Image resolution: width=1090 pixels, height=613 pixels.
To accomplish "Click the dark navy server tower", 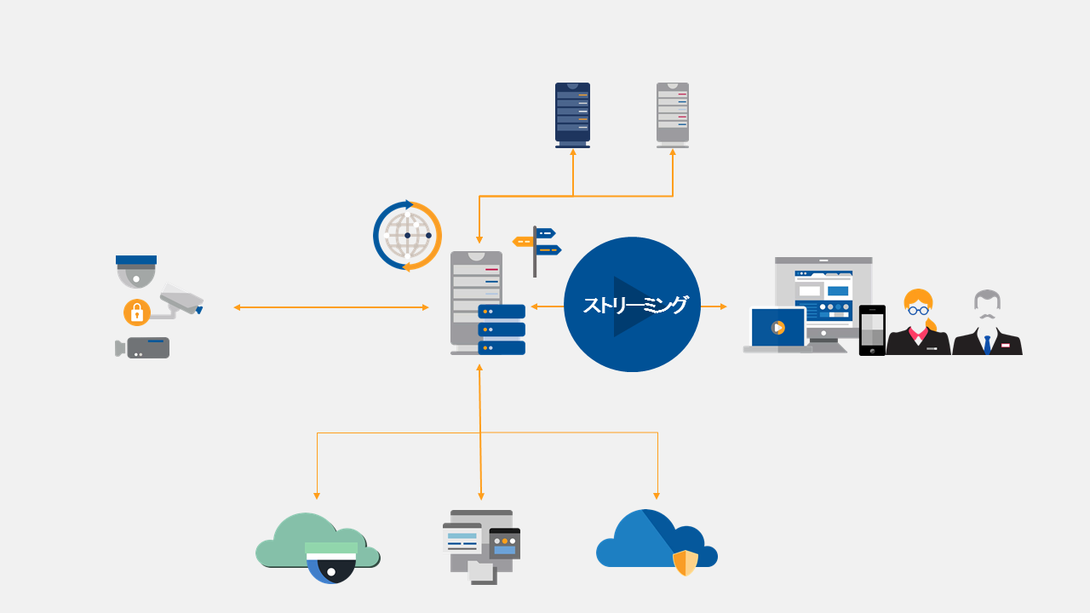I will tap(572, 114).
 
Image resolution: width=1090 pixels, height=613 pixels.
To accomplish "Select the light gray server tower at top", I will tap(673, 114).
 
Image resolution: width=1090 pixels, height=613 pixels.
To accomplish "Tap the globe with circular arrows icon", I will tap(407, 236).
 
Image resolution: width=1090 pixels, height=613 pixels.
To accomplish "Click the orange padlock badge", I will tap(136, 312).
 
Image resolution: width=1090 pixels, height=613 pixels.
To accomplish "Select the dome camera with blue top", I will tap(136, 271).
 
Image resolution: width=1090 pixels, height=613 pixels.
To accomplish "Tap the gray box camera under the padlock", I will tap(145, 347).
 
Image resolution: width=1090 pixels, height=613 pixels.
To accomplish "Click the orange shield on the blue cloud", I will tap(686, 562).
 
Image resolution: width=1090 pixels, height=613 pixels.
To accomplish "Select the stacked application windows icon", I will tap(480, 546).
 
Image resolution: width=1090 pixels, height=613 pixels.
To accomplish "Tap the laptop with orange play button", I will tap(777, 329).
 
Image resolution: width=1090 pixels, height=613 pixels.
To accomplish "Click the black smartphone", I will tap(872, 329).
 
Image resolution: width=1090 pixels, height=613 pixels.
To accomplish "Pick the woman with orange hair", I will tap(918, 324).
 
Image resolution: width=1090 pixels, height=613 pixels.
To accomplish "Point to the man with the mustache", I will tap(987, 324).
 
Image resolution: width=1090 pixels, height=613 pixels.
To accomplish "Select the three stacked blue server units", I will tap(502, 329).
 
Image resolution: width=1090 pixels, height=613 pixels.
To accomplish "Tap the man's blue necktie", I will tap(987, 345).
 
